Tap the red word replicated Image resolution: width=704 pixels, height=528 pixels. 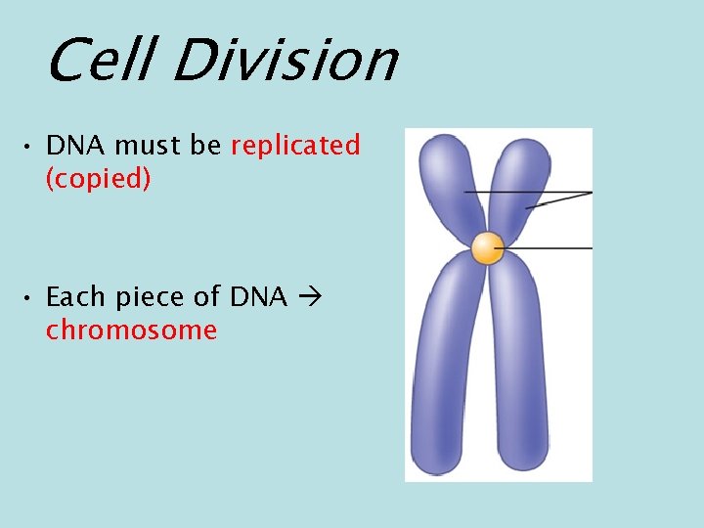[x=295, y=146]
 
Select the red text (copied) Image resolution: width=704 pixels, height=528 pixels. [x=98, y=181]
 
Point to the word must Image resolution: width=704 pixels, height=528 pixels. [x=150, y=146]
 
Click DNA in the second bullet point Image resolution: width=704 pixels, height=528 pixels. [x=258, y=295]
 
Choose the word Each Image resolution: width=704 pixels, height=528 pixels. [x=77, y=295]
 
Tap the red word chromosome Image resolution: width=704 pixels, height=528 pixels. [x=131, y=330]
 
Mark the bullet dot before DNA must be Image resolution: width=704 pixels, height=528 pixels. [x=31, y=148]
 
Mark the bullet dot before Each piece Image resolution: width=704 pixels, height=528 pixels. [x=31, y=297]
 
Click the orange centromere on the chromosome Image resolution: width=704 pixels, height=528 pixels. [x=486, y=248]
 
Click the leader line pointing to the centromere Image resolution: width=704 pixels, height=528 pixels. [x=548, y=249]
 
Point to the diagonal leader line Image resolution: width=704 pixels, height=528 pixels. [x=559, y=200]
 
